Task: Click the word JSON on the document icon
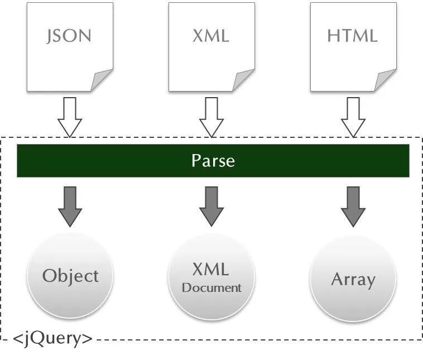pyautogui.click(x=69, y=36)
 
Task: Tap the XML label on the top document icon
pyautogui.click(x=211, y=36)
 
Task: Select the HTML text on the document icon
pyautogui.click(x=352, y=36)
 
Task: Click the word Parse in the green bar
pyautogui.click(x=213, y=161)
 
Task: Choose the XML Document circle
pyautogui.click(x=212, y=277)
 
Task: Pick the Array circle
pyautogui.click(x=353, y=278)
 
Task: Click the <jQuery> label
pyautogui.click(x=52, y=338)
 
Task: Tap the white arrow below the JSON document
pyautogui.click(x=70, y=117)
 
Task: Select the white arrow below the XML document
pyautogui.click(x=212, y=117)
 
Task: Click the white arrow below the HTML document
pyautogui.click(x=353, y=117)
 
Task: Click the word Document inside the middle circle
pyautogui.click(x=212, y=288)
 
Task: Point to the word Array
pyautogui.click(x=353, y=279)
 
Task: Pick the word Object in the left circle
pyautogui.click(x=70, y=276)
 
